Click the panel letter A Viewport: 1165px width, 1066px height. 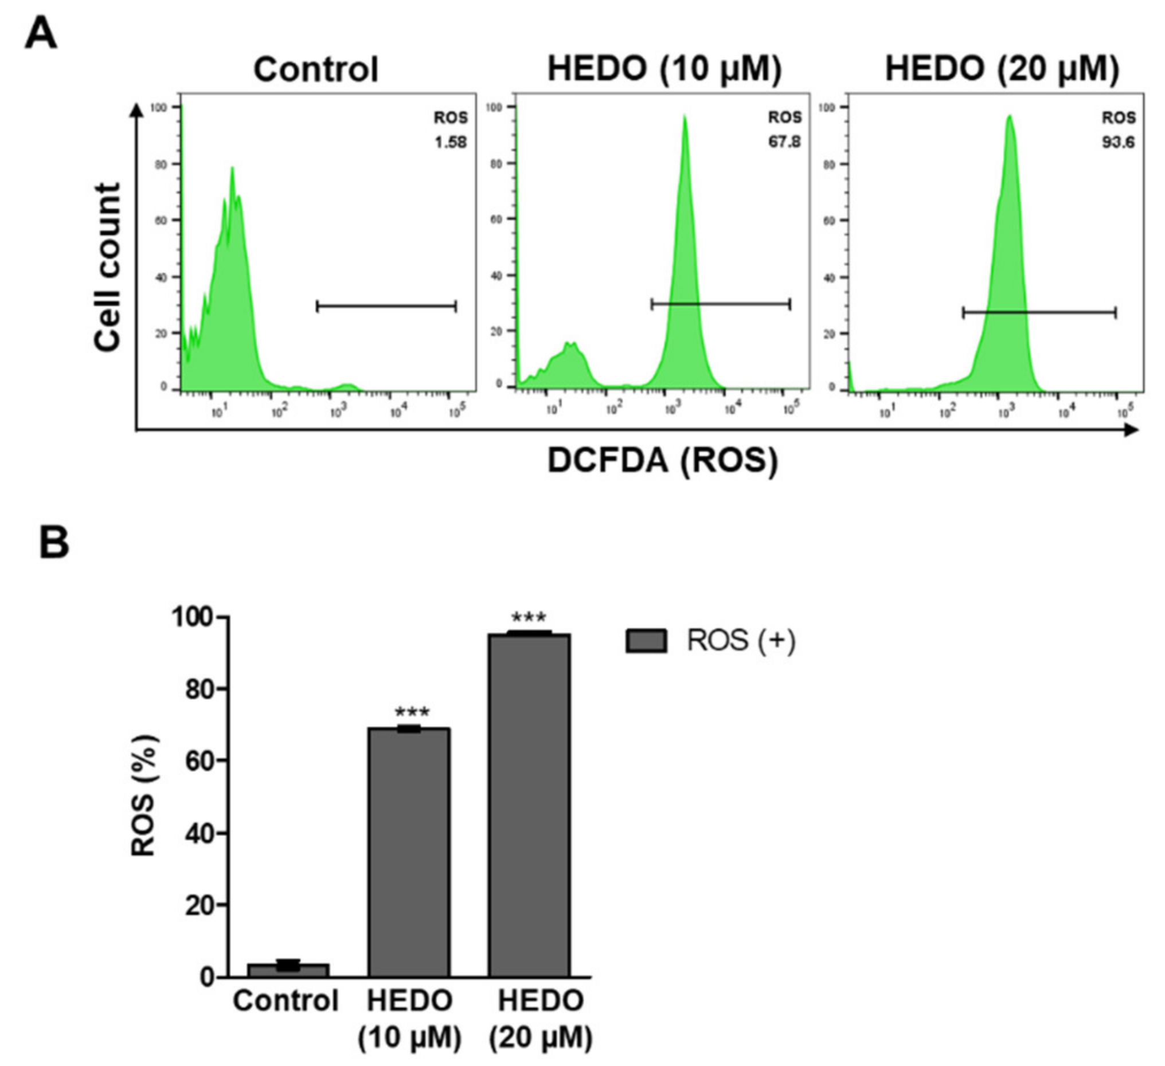point(41,33)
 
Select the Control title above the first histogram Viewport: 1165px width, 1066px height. point(315,69)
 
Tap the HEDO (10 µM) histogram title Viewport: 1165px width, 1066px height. point(664,69)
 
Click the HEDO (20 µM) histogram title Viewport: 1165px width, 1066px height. point(1002,69)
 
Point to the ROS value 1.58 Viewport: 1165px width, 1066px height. point(450,142)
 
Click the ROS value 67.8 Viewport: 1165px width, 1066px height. point(784,142)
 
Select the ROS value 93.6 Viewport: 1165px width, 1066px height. point(1118,142)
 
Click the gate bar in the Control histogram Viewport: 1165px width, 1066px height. point(386,306)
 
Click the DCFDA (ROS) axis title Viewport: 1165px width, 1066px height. point(663,461)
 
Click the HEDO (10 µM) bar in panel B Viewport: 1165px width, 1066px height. point(409,855)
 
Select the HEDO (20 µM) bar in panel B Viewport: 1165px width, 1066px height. point(529,809)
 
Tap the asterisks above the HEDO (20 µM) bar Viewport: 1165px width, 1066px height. point(529,618)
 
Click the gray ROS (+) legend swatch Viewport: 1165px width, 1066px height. point(646,641)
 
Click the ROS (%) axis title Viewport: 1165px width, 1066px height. point(143,795)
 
